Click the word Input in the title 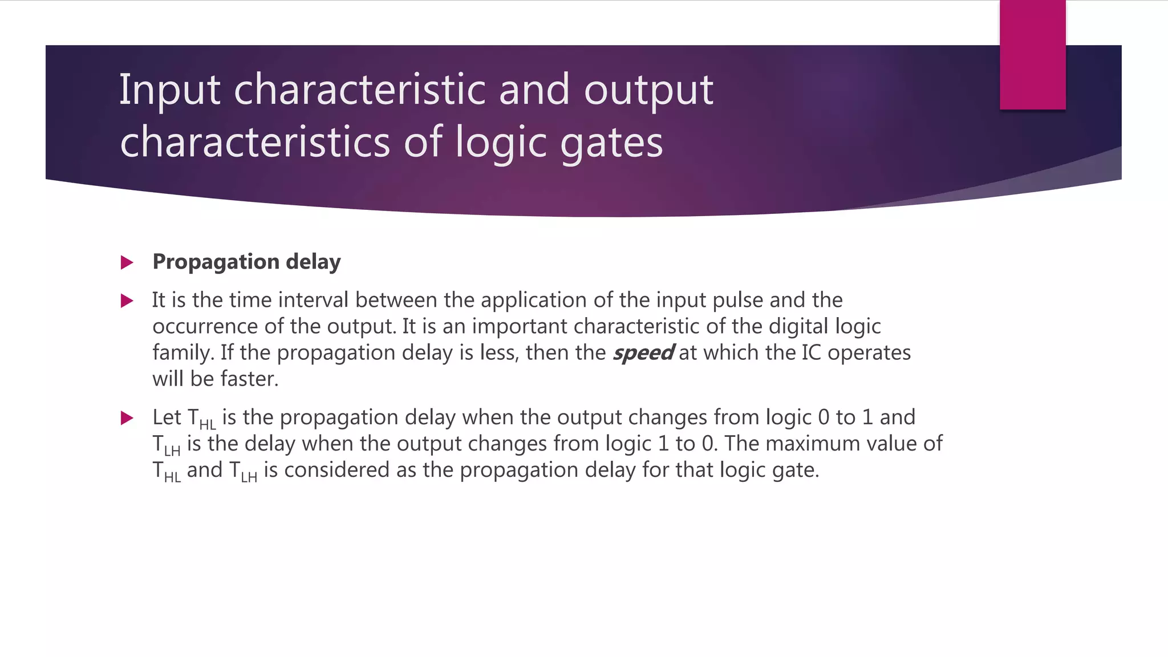coord(169,90)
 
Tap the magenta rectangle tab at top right coord(1032,55)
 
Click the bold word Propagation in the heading coord(216,262)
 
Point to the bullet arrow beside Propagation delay coord(127,263)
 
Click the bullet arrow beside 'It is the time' coord(127,301)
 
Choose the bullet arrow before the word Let coord(127,418)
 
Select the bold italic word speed coord(643,353)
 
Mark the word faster coord(249,379)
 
